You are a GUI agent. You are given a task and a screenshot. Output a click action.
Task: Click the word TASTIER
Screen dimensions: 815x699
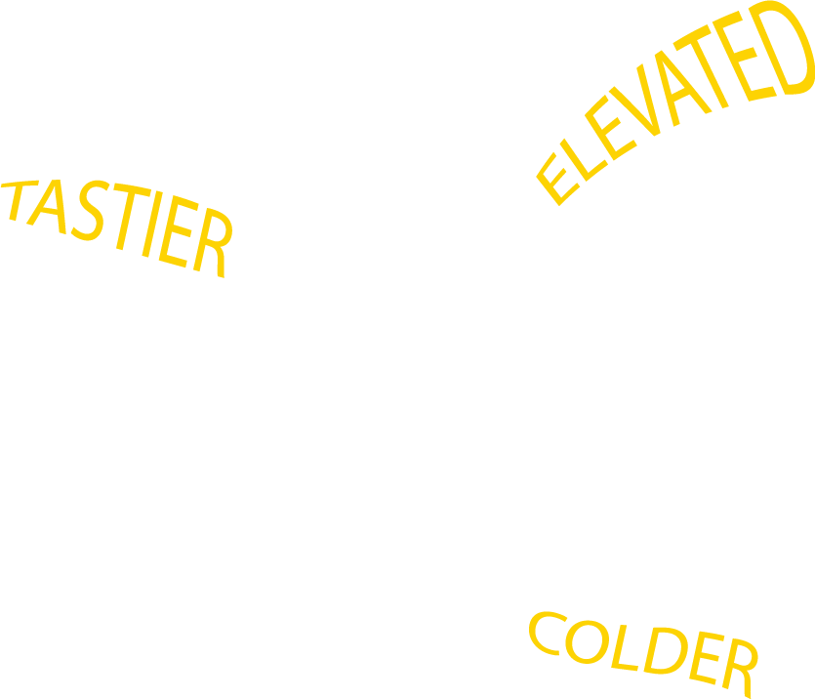coord(116,228)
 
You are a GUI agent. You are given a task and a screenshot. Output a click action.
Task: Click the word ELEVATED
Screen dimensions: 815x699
coord(675,103)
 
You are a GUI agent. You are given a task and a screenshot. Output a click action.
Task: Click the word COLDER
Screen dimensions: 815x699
coord(643,655)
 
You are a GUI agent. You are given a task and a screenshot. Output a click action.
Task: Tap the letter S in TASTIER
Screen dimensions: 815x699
coord(91,211)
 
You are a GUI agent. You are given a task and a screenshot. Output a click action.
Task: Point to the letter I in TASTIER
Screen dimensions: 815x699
coord(152,224)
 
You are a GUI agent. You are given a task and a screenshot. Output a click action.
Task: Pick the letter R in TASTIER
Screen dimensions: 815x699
coord(213,243)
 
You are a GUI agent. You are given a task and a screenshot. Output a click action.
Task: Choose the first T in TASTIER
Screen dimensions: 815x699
coord(20,200)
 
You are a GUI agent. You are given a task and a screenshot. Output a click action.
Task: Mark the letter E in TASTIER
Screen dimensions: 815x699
coord(179,231)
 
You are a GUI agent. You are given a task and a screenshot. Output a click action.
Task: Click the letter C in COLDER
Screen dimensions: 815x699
coord(548,633)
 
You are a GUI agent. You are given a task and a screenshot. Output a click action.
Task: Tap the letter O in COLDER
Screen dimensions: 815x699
coord(588,641)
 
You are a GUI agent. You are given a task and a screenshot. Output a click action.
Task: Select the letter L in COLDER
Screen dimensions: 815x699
coord(624,647)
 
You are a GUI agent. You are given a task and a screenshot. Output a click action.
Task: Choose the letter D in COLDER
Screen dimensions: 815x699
coord(666,650)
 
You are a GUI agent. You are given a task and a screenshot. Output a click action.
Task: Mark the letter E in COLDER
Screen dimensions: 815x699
coord(707,658)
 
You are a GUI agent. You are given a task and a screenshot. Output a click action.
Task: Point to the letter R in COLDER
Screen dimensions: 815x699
coord(740,668)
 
